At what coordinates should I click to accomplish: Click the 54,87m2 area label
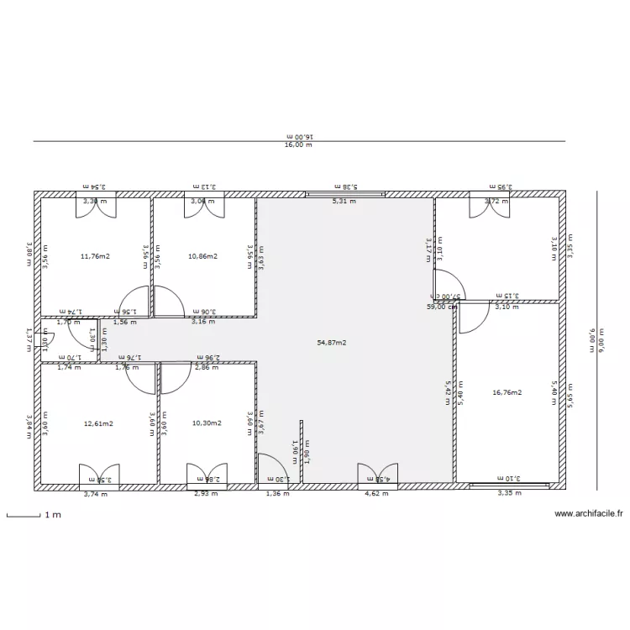pyautogui.click(x=332, y=343)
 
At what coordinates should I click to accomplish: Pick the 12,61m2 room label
pyautogui.click(x=98, y=423)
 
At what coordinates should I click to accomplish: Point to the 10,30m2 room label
pyautogui.click(x=207, y=423)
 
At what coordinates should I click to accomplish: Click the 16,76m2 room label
pyautogui.click(x=507, y=392)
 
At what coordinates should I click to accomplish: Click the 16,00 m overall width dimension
pyautogui.click(x=298, y=145)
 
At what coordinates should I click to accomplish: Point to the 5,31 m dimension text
pyautogui.click(x=344, y=202)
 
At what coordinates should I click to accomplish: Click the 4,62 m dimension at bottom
pyautogui.click(x=375, y=494)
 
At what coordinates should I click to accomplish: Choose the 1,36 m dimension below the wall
pyautogui.click(x=277, y=494)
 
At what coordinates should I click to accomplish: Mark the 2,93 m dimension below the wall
pyautogui.click(x=205, y=494)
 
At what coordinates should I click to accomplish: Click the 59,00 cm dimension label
pyautogui.click(x=442, y=307)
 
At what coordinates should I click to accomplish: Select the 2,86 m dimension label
pyautogui.click(x=207, y=368)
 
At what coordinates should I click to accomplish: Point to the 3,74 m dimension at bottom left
pyautogui.click(x=96, y=494)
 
